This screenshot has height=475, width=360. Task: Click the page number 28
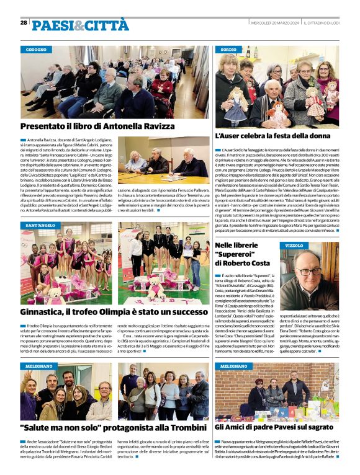tap(24, 22)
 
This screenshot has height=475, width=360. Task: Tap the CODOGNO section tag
tap(37, 49)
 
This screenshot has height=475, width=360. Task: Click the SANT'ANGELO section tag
tap(40, 226)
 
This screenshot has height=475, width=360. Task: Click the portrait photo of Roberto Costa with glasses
tap(310, 272)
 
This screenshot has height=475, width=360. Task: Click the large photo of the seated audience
tap(115, 82)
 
